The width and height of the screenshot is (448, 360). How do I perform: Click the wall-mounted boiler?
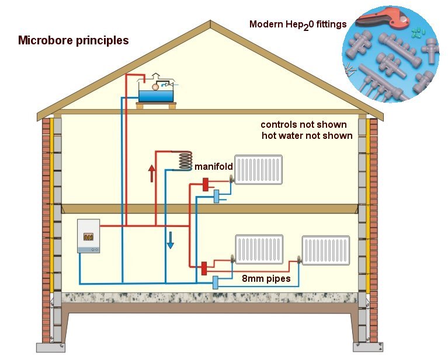tap(88, 236)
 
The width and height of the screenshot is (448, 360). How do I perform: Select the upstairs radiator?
tap(258, 170)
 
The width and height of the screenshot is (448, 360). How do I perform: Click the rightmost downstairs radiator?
tap(325, 250)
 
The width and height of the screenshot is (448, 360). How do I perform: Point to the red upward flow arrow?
tap(151, 173)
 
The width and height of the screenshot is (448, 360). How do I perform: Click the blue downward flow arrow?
tap(170, 239)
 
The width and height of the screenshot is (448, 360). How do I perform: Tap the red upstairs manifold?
tap(205, 184)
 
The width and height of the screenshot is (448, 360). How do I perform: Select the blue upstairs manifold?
tap(216, 196)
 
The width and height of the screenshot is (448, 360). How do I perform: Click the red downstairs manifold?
tap(204, 268)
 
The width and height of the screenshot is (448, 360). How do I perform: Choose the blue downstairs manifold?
tap(216, 282)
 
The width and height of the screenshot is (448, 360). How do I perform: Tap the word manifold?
tap(214, 166)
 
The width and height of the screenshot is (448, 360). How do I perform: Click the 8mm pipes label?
tap(266, 279)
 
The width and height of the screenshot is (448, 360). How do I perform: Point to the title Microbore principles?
tap(73, 41)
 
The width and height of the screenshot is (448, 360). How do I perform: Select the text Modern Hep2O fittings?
tap(297, 25)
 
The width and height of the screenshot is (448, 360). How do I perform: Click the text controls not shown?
tap(303, 125)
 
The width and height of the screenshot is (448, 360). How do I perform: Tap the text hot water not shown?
tap(307, 136)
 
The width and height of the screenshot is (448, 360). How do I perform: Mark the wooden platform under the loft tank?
tap(156, 105)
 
